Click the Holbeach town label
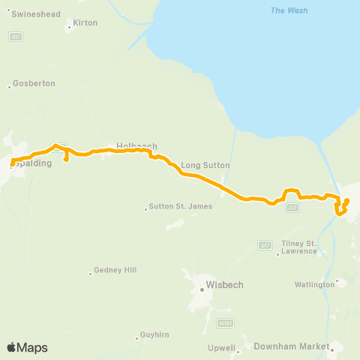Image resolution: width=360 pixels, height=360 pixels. [x=136, y=146]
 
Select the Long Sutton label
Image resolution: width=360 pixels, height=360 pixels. [x=205, y=164]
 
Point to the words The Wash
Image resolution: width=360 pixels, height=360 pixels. [x=289, y=10]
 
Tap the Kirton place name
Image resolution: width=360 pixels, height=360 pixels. [x=85, y=23]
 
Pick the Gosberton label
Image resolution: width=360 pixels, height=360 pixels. [x=35, y=83]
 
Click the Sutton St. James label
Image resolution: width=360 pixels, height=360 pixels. [x=181, y=206]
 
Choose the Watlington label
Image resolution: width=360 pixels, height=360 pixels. [x=315, y=285]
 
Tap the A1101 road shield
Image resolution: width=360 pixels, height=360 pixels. [x=224, y=323]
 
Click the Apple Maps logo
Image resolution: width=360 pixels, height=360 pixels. [x=26, y=347]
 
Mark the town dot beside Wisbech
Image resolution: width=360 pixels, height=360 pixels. [x=202, y=285]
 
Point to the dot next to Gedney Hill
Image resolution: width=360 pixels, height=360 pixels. [x=90, y=271]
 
